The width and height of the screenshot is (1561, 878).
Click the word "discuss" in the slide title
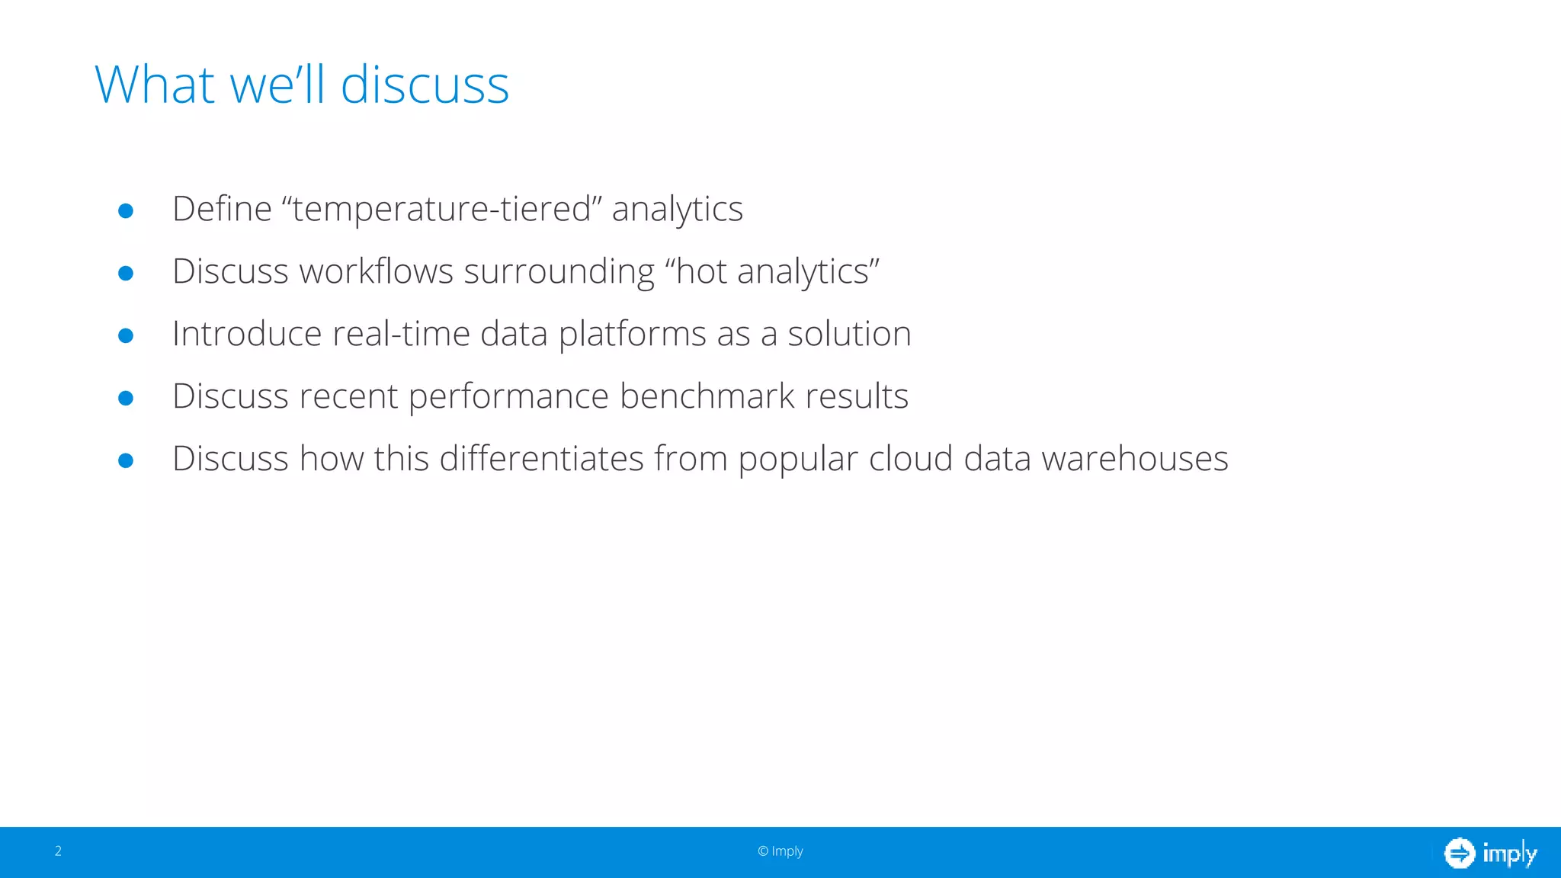point(425,85)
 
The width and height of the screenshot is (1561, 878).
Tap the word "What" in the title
point(155,85)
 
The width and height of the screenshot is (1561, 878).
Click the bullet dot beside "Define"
point(126,210)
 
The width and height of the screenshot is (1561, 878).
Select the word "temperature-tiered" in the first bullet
point(442,209)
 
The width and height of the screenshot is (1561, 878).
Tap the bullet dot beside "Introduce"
point(126,335)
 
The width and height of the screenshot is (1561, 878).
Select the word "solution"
point(849,334)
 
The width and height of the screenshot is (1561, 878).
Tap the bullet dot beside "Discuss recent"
point(126,398)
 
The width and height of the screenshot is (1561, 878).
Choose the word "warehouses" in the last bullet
point(1135,459)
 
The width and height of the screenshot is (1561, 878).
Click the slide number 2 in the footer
point(58,851)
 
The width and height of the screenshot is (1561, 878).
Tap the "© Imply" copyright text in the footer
point(780,851)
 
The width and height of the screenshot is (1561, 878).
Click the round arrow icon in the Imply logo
point(1460,853)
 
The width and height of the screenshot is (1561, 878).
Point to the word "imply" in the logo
point(1509,854)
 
